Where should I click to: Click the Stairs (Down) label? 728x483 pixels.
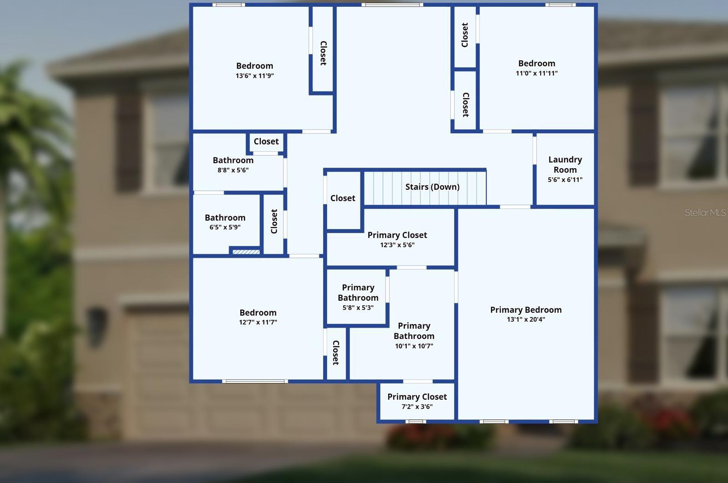coord(432,187)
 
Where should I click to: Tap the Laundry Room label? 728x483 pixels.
coord(565,164)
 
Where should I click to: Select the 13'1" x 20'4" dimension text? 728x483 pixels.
coord(526,319)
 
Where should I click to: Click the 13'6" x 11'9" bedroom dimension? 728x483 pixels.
coord(255,76)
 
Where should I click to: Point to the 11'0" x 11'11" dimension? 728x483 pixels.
coord(536,73)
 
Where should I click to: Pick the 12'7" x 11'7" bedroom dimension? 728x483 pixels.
coord(258,322)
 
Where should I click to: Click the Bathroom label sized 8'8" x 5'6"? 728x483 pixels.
coord(233,160)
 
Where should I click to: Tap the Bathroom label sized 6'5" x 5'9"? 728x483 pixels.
coord(225,218)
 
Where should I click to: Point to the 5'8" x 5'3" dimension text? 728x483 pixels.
coord(358,308)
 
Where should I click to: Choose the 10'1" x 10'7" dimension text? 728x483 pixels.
coord(414,346)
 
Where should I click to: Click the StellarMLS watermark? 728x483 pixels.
coord(705,213)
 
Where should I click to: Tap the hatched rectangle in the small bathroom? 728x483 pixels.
coord(246,252)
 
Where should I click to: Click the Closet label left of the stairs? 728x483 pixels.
coord(343,198)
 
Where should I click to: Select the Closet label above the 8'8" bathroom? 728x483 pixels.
coord(266,141)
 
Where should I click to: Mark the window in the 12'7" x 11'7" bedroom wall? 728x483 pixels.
coord(255,381)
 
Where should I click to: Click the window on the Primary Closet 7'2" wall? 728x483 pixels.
coord(416,422)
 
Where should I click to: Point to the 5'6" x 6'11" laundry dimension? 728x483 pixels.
coord(565,180)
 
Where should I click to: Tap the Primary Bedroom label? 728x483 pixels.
coord(526,310)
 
